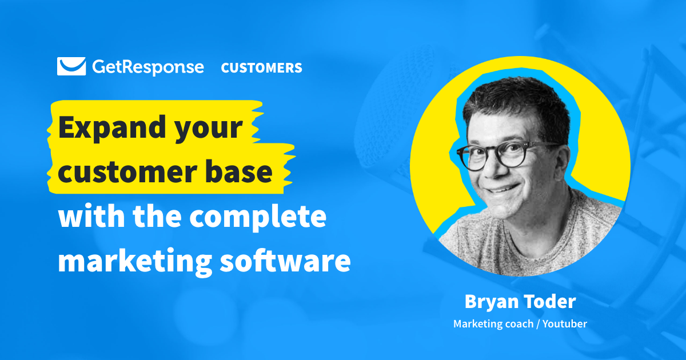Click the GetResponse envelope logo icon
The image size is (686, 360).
point(71,66)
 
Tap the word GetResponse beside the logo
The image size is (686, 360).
point(147,67)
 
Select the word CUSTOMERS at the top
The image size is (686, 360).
point(261,67)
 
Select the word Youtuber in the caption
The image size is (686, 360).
point(565,324)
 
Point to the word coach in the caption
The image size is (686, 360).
point(514,324)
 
